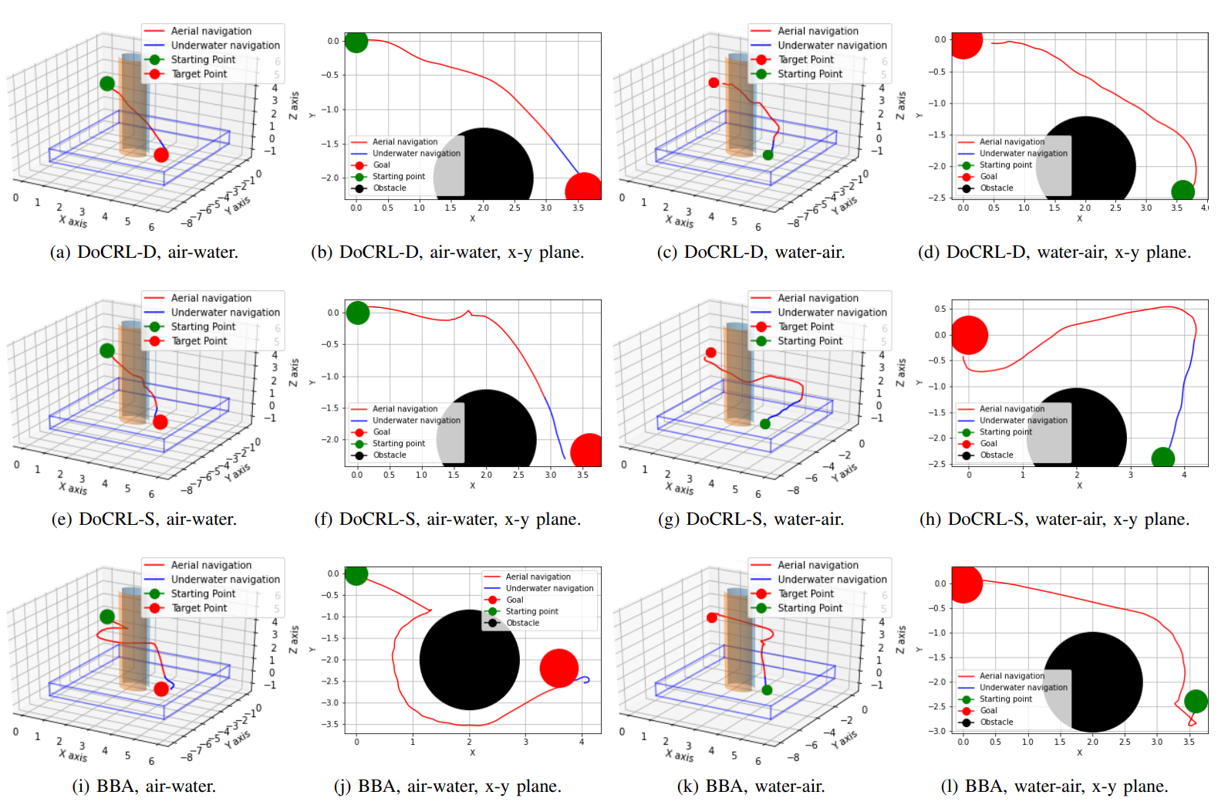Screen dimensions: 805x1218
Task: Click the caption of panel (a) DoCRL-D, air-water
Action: (144, 252)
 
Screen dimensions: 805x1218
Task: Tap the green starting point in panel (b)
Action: (356, 41)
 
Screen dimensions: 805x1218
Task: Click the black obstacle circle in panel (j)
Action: (469, 660)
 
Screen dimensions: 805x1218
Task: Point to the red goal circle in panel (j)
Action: (558, 668)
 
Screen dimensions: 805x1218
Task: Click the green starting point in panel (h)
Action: (1162, 458)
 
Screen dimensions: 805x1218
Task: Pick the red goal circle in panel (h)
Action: (969, 335)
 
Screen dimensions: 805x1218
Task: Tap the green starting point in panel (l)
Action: (1195, 701)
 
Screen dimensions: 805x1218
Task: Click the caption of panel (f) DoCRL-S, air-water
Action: (447, 519)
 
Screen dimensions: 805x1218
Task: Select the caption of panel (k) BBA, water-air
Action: (751, 786)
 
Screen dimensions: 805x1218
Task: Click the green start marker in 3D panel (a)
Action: (107, 83)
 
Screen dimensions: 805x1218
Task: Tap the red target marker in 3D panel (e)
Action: (160, 422)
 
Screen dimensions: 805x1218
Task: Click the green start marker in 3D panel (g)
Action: (765, 424)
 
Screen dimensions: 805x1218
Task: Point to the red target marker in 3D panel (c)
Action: (714, 83)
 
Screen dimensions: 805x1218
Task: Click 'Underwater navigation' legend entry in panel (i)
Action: (225, 580)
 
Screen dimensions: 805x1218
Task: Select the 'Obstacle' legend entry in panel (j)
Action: (522, 623)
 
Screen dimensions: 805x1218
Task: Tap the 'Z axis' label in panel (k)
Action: (900, 640)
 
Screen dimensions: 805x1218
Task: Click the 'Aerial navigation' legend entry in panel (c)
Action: (818, 31)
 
